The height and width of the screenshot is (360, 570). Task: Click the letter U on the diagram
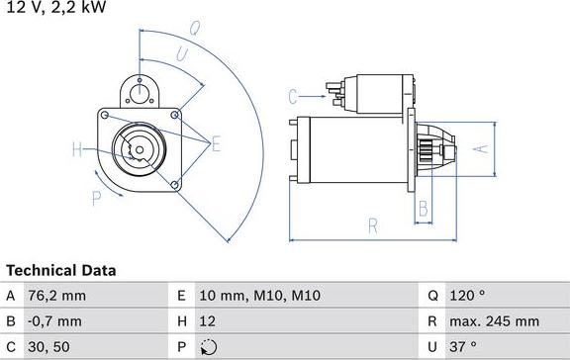(x=183, y=53)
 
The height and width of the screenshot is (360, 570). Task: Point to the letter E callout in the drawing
(x=216, y=144)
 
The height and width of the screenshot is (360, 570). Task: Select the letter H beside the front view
(x=77, y=150)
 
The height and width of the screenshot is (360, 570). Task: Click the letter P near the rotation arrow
(x=96, y=198)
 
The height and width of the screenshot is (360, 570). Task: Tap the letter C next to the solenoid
(x=293, y=96)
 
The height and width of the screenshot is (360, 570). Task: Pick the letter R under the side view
(x=373, y=225)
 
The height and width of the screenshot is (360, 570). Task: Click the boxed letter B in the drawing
(x=423, y=208)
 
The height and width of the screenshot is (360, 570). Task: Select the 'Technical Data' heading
(x=61, y=270)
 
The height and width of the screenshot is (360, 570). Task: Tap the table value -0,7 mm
(x=56, y=321)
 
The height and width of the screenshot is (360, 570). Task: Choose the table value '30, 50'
(x=50, y=347)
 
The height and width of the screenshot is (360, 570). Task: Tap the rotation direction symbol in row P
(x=207, y=347)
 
